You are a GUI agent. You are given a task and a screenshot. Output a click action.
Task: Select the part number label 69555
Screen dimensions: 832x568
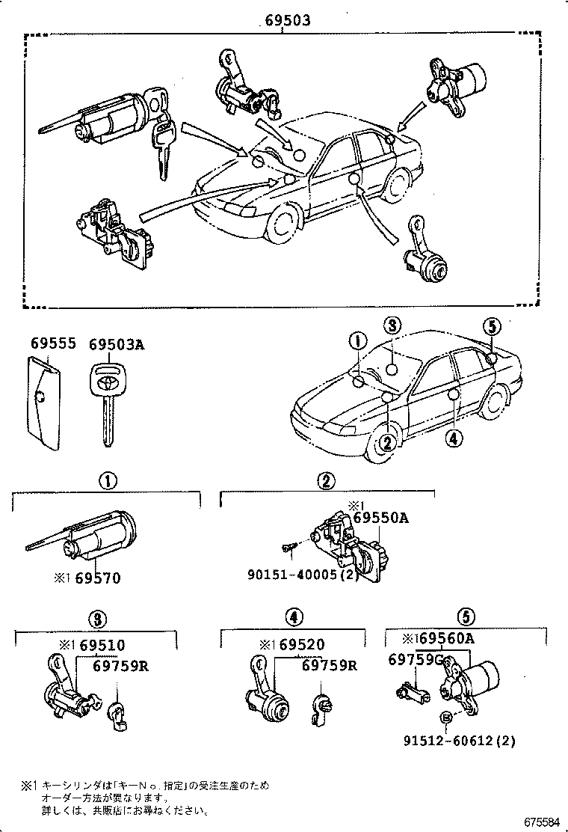click(53, 344)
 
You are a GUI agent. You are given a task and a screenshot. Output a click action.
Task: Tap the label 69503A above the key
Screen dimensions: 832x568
click(116, 344)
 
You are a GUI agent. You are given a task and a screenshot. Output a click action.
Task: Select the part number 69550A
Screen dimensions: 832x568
click(380, 518)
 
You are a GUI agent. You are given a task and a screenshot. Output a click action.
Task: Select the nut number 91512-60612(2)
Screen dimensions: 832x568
click(460, 741)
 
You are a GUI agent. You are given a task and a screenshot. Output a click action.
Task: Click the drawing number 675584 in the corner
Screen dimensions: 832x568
click(541, 822)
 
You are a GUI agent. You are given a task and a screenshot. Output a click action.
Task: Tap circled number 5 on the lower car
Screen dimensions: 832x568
click(491, 326)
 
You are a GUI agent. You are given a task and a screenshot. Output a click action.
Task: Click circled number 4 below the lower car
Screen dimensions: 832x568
click(451, 439)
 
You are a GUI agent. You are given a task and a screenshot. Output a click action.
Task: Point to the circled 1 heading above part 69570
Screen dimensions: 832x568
click(107, 481)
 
